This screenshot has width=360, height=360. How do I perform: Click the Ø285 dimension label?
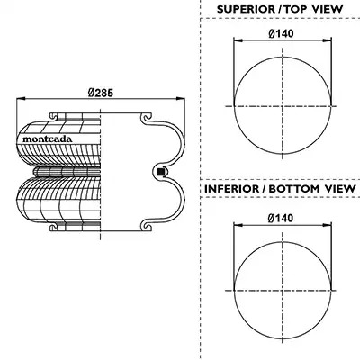click(x=101, y=93)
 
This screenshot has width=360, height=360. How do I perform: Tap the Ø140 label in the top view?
click(x=281, y=33)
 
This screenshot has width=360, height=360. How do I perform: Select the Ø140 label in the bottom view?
click(x=281, y=218)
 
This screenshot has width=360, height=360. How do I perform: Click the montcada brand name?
click(x=48, y=139)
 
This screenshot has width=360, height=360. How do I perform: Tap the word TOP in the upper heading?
click(x=295, y=9)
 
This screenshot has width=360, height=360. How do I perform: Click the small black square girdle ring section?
click(x=161, y=172)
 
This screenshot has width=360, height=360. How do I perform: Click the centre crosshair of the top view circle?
click(x=283, y=106)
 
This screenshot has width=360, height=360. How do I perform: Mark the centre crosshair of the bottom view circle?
click(x=283, y=291)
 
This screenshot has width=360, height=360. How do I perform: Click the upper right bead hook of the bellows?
click(x=147, y=118)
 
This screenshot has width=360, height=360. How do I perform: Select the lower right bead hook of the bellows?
click(x=147, y=226)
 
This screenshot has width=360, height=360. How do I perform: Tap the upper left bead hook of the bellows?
click(x=55, y=117)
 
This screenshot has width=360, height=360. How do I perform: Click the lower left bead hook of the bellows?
click(x=55, y=227)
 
